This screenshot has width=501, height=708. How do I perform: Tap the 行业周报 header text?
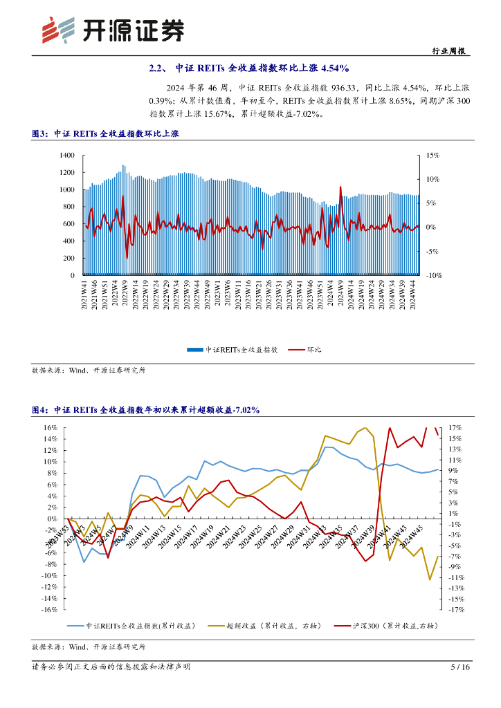[x=448, y=51]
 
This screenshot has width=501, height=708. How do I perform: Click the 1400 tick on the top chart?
[x=66, y=155]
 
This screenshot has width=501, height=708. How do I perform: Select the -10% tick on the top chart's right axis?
[x=432, y=275]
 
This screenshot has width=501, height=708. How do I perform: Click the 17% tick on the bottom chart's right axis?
[x=455, y=427]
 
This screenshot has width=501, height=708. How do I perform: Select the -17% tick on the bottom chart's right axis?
[x=454, y=610]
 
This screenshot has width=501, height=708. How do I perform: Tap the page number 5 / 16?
[x=460, y=667]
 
